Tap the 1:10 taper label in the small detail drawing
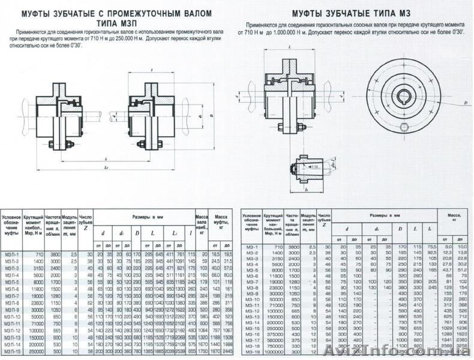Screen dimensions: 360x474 click(x=314, y=167)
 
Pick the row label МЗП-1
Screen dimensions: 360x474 click(x=11, y=255)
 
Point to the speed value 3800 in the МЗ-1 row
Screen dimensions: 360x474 click(x=293, y=247)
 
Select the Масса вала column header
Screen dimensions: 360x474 click(x=201, y=221)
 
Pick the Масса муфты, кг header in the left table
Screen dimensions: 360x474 click(x=221, y=221)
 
